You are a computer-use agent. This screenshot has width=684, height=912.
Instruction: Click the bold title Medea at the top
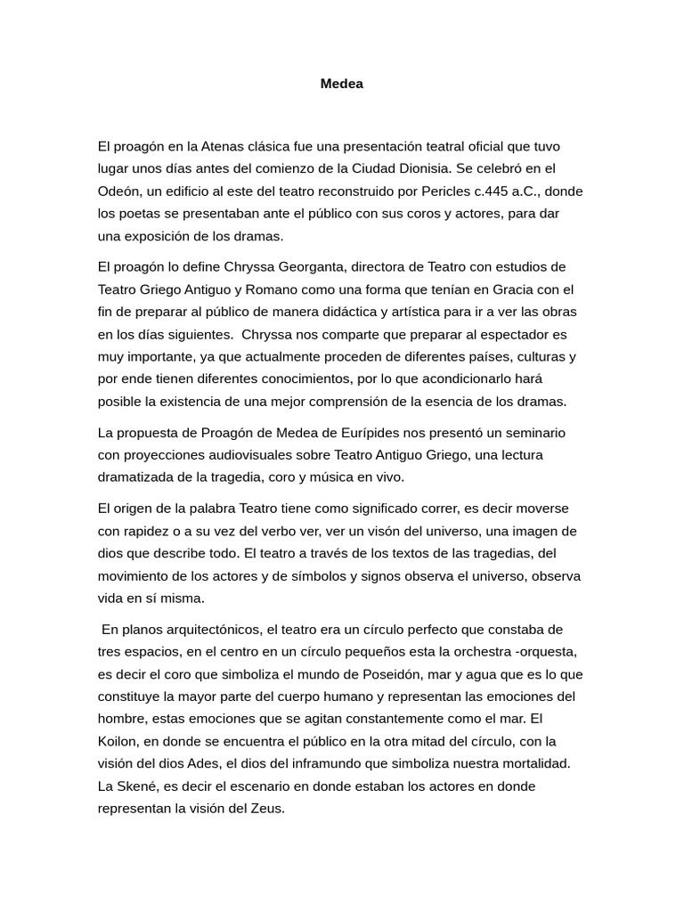[x=342, y=84]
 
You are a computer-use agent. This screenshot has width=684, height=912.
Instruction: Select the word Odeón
[x=118, y=191]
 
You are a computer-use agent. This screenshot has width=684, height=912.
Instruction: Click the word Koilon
[x=118, y=741]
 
